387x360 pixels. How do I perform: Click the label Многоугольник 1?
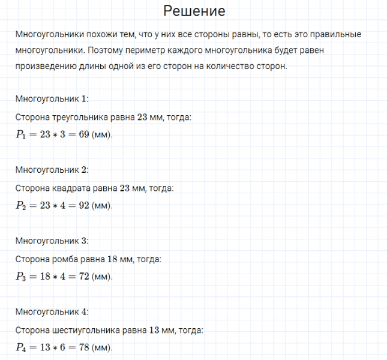(x=52, y=98)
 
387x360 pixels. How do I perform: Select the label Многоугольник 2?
(x=52, y=170)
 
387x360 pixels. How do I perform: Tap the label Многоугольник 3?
(x=52, y=241)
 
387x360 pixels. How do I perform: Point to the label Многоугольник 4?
(x=52, y=312)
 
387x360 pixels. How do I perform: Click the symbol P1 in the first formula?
(x=22, y=135)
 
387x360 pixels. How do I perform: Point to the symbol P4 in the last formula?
(x=22, y=348)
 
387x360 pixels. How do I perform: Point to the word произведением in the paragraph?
(x=46, y=67)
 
